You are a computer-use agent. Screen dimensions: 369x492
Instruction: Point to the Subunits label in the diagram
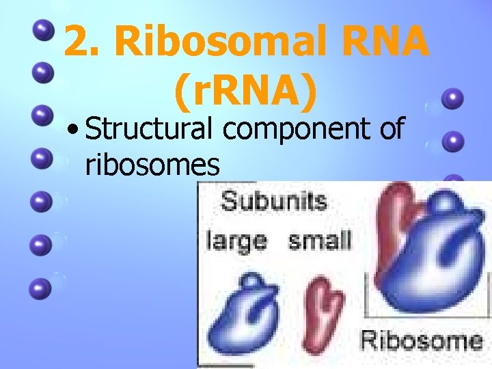coord(275,202)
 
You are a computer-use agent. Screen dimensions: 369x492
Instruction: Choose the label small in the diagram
coord(320,241)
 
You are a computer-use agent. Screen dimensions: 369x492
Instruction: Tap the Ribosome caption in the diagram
coord(421,340)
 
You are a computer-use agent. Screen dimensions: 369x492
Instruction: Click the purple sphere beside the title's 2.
coord(43,31)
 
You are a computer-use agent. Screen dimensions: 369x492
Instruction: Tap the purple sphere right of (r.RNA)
coord(452,99)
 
